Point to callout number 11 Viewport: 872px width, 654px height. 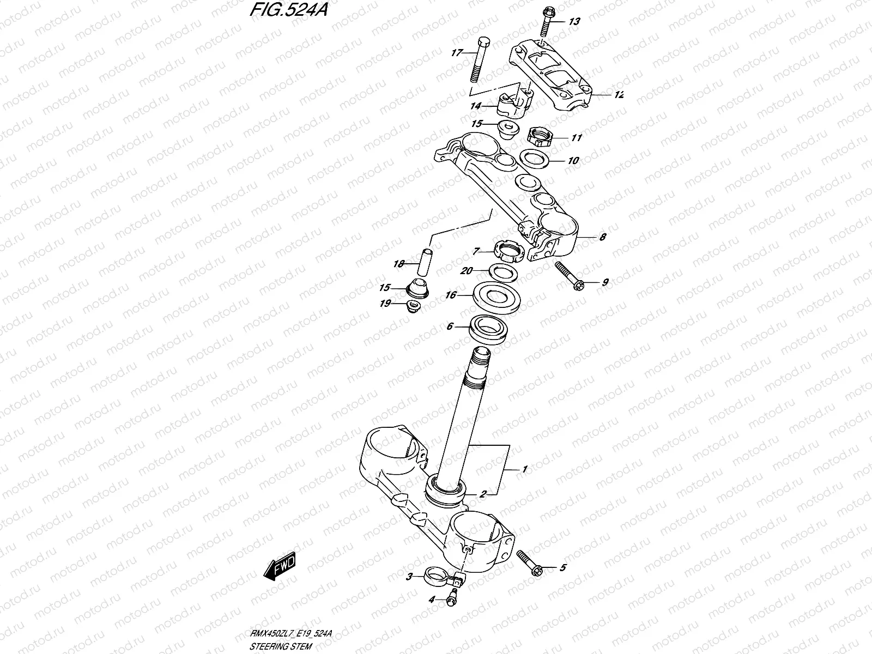[x=577, y=138]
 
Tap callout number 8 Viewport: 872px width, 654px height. [x=602, y=238]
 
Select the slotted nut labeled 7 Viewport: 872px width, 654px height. [x=509, y=251]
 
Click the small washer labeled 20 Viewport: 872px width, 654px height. [x=500, y=270]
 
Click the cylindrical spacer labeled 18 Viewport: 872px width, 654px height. [x=423, y=263]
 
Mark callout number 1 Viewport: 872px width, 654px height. [x=525, y=469]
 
